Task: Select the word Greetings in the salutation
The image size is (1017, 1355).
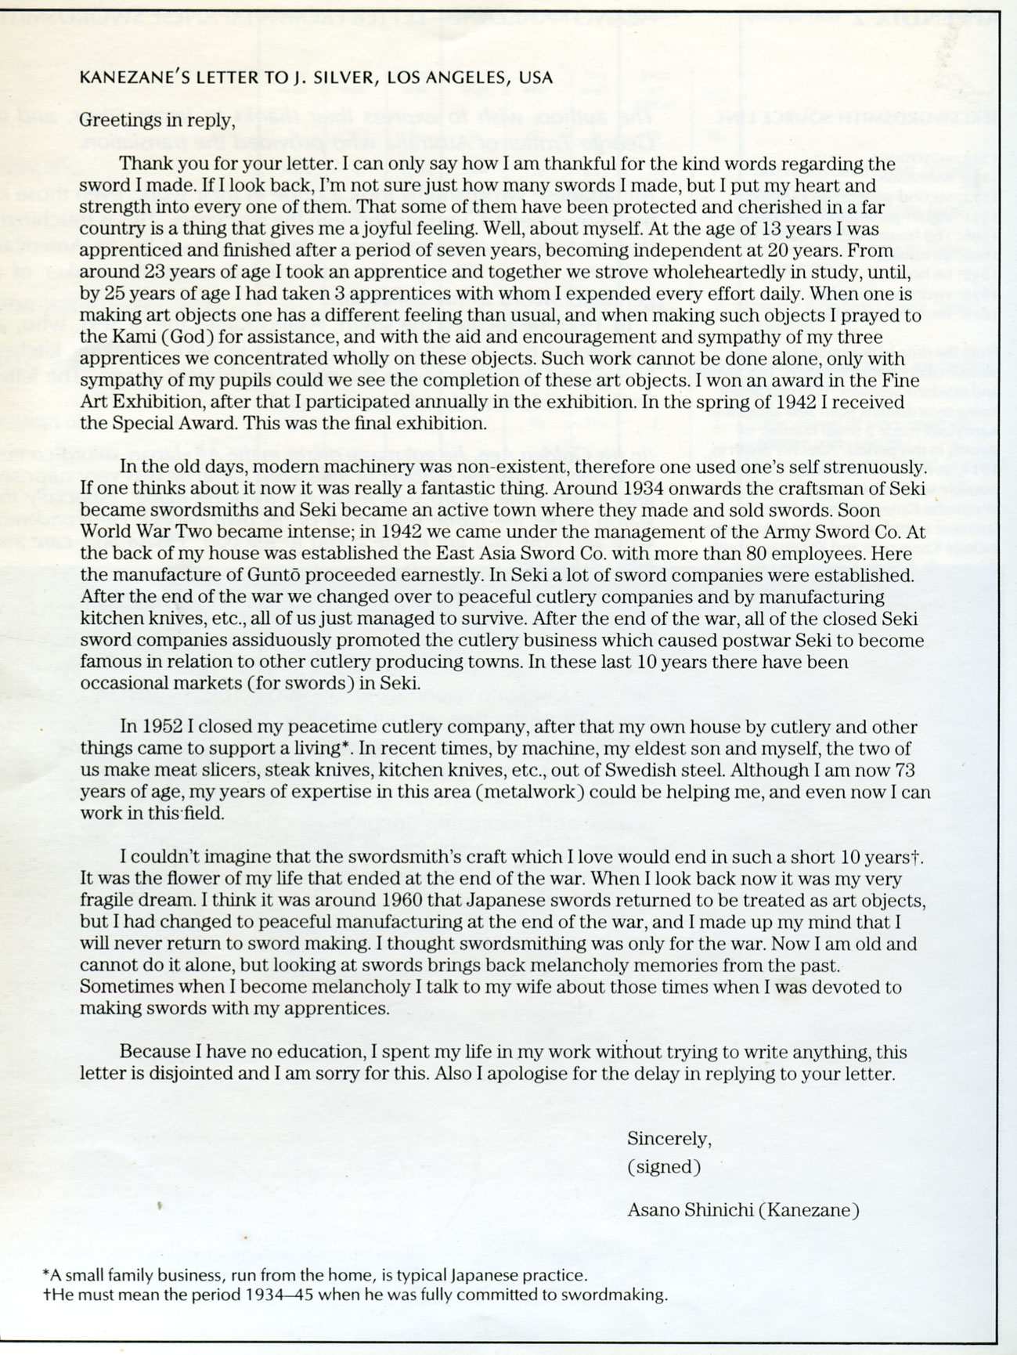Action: pyautogui.click(x=116, y=121)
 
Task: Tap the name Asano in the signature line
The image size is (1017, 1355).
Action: pyautogui.click(x=655, y=1210)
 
